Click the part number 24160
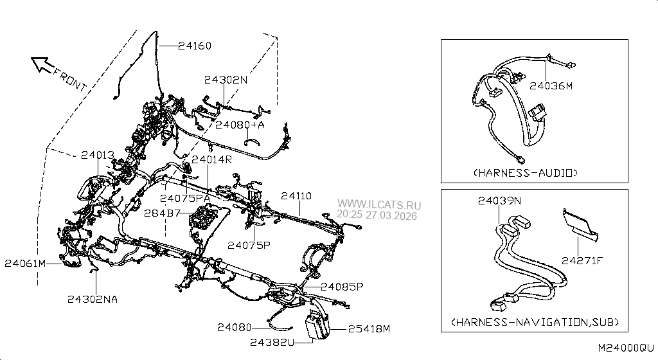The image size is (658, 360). point(195,45)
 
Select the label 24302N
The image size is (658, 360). point(226,80)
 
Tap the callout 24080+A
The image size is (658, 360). point(240,125)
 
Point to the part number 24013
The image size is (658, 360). point(98,155)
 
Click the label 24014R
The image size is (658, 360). point(212,159)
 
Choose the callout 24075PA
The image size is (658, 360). point(185,198)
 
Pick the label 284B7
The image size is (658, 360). point(163,213)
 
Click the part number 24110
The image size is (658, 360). point(296,196)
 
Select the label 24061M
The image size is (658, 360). point(25,264)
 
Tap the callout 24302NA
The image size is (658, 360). point(93,299)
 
